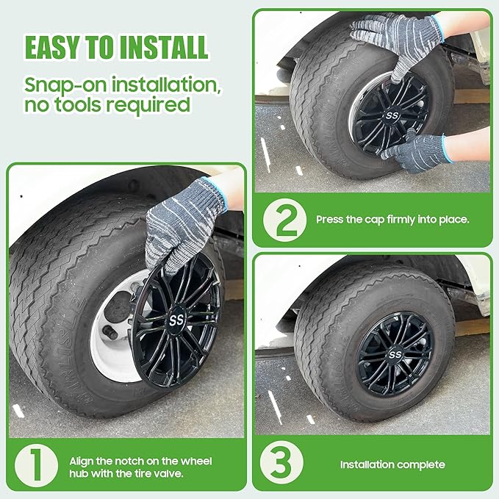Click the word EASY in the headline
[52, 48]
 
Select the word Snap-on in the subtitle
[65, 85]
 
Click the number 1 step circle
[36, 466]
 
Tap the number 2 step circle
[285, 220]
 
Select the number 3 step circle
[281, 463]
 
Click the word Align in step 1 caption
[81, 462]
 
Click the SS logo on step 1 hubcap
[176, 320]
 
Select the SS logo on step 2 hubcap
[392, 115]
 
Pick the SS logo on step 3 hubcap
[395, 354]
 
